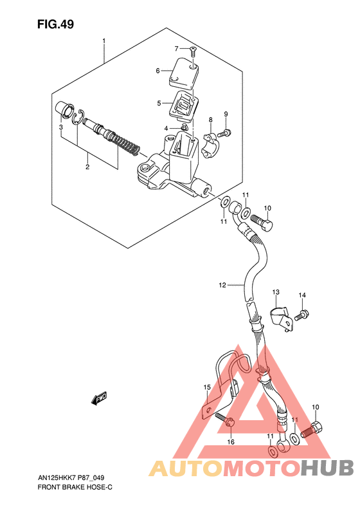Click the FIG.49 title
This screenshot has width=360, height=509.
click(55, 24)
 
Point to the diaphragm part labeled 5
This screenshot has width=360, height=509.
click(184, 103)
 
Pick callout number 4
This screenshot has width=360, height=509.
click(165, 129)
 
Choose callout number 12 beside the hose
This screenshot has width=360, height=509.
click(222, 284)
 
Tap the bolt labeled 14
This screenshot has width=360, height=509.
click(302, 315)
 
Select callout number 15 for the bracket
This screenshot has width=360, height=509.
click(207, 387)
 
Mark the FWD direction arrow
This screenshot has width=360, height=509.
click(100, 400)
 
